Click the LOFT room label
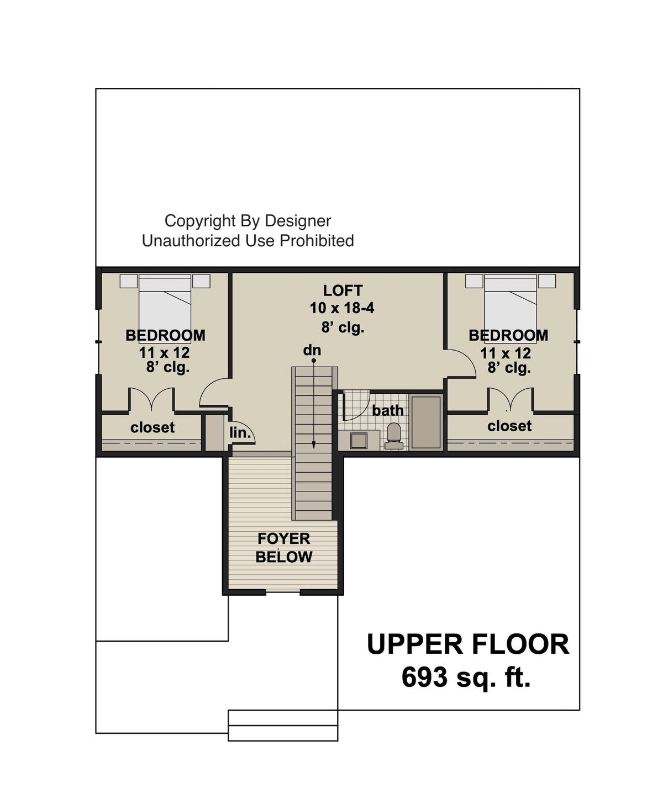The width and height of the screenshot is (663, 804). click(x=343, y=290)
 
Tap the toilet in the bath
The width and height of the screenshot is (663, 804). click(x=393, y=436)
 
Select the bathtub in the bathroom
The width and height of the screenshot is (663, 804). click(x=425, y=421)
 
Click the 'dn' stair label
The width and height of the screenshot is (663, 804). click(x=312, y=350)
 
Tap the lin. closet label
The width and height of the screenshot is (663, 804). click(x=240, y=433)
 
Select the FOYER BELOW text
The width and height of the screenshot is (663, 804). click(x=284, y=547)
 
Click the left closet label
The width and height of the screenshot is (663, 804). click(x=152, y=427)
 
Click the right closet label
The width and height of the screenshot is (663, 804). click(x=509, y=426)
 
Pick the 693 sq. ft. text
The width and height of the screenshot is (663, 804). click(x=466, y=677)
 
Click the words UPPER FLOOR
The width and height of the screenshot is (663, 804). click(x=468, y=644)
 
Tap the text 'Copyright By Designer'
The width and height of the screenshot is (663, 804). click(x=248, y=221)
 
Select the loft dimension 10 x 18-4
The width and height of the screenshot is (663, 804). click(x=342, y=308)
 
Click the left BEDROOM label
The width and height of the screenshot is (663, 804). click(x=165, y=335)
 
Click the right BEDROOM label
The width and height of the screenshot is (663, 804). click(x=508, y=335)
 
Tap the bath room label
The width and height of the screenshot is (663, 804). click(x=387, y=410)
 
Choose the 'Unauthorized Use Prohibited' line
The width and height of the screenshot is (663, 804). click(x=248, y=241)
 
